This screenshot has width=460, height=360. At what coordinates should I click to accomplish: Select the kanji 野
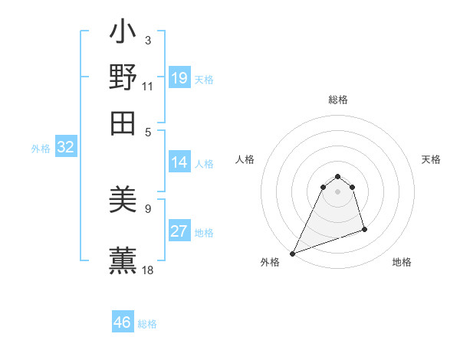pyautogui.click(x=123, y=77)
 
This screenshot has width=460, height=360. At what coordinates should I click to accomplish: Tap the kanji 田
pyautogui.click(x=123, y=123)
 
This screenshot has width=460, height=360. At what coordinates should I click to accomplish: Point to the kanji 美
pyautogui.click(x=123, y=201)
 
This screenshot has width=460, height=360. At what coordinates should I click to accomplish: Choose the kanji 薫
pyautogui.click(x=123, y=260)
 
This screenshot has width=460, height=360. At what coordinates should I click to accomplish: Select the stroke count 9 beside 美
pyautogui.click(x=147, y=208)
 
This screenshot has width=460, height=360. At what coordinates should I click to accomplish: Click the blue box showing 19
pyautogui.click(x=179, y=78)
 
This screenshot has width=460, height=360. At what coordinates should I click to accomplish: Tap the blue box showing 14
pyautogui.click(x=179, y=162)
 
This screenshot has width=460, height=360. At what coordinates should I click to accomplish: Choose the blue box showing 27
pyautogui.click(x=179, y=232)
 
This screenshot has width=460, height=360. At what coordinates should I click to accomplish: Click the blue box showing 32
pyautogui.click(x=66, y=148)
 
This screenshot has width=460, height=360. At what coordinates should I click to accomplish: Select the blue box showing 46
pyautogui.click(x=123, y=322)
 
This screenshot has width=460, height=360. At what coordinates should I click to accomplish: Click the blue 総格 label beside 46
pyautogui.click(x=147, y=324)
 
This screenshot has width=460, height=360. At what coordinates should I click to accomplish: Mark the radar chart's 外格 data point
pyautogui.click(x=293, y=254)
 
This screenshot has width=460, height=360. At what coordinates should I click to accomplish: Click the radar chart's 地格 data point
pyautogui.click(x=364, y=229)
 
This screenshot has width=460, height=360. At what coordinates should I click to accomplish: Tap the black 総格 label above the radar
pyautogui.click(x=337, y=100)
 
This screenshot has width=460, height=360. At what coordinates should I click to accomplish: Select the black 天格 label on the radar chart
pyautogui.click(x=431, y=159)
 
